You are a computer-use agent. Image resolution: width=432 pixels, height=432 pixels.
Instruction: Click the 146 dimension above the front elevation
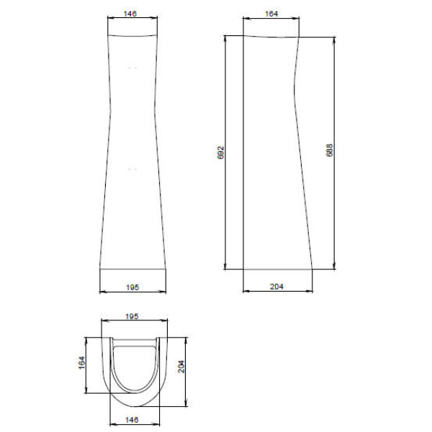click(x=130, y=14)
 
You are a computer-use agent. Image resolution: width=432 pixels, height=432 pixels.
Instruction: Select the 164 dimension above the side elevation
click(x=271, y=14)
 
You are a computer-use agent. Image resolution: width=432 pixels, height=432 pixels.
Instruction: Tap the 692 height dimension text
click(x=221, y=153)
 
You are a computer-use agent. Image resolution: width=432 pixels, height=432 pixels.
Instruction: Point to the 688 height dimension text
click(x=329, y=150)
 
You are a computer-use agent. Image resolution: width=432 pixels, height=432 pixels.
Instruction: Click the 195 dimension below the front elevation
click(x=132, y=287)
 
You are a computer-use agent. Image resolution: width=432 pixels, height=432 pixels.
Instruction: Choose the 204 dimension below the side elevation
click(x=276, y=287)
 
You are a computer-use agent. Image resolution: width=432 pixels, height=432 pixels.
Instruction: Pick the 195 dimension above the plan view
click(x=132, y=316)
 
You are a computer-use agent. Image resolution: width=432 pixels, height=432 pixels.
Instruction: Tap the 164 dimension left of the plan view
click(x=82, y=363)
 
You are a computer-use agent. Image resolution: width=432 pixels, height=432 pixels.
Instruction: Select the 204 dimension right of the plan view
click(x=181, y=366)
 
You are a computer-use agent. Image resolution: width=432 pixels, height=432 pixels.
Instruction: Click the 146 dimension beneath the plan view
click(x=132, y=420)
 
